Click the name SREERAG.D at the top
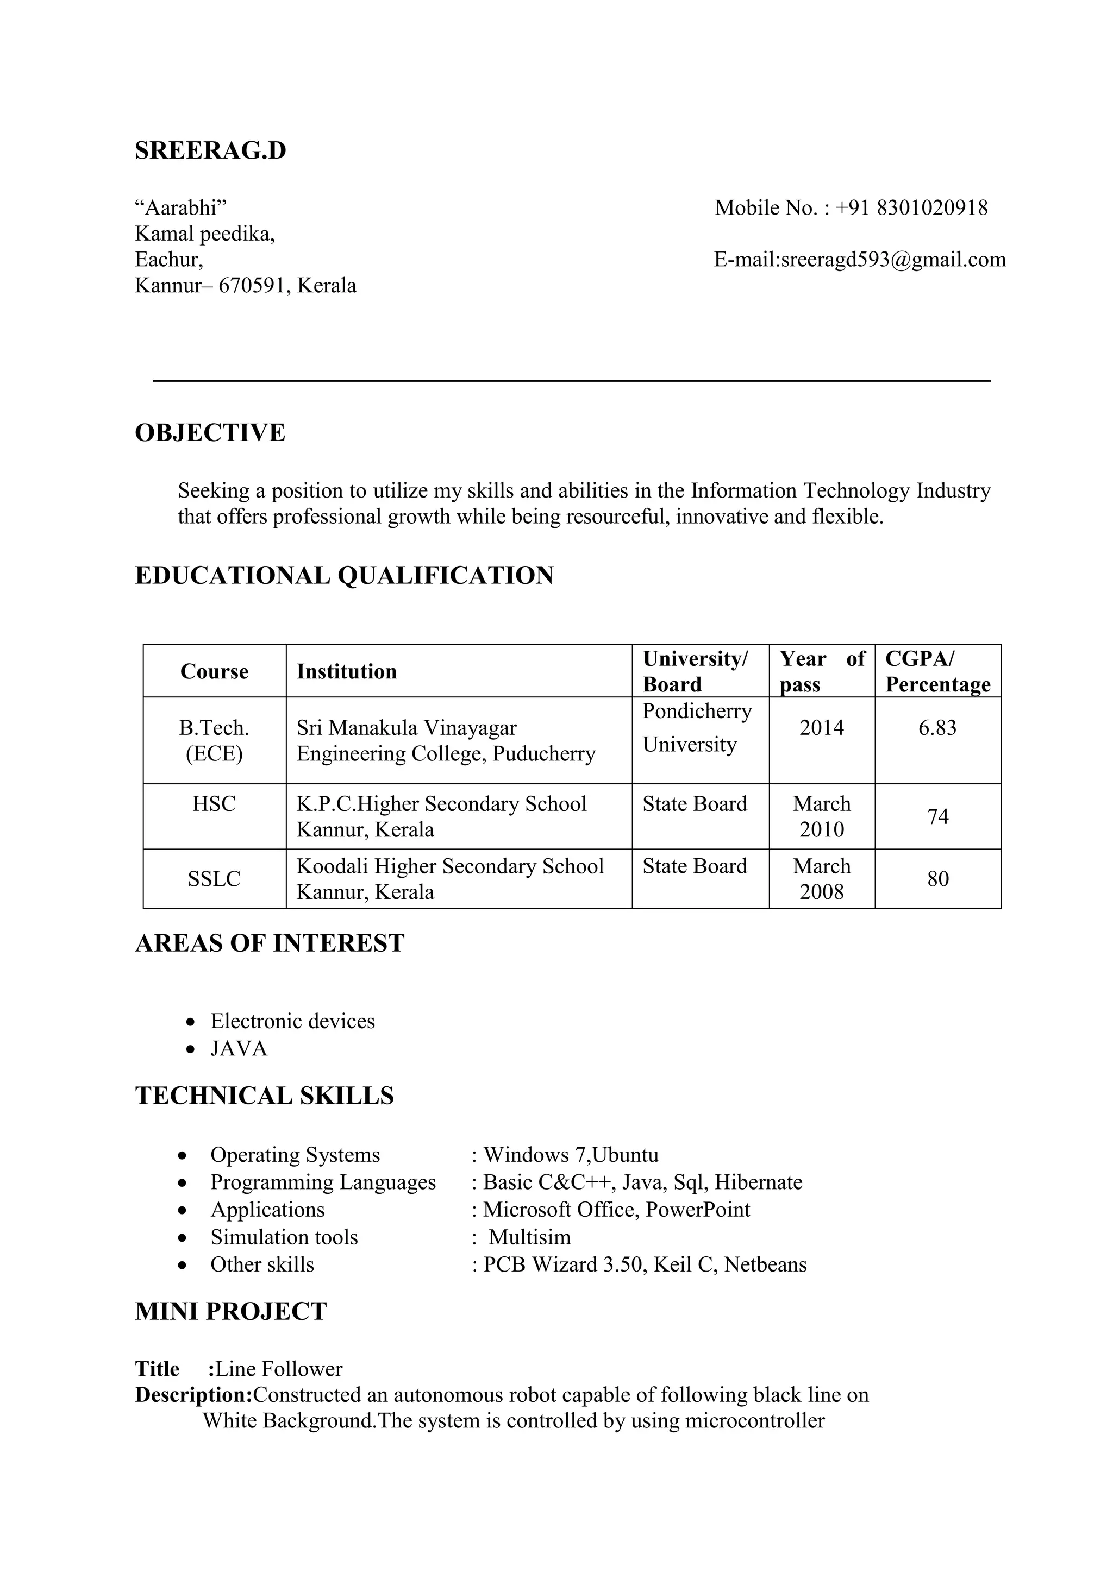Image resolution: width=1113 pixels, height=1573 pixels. point(210,150)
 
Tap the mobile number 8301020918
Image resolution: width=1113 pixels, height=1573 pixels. point(931,207)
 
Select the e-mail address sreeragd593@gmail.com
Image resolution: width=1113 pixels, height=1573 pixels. point(893,260)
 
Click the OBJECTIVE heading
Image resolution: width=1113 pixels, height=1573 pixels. point(210,433)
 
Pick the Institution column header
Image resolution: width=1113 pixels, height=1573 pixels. point(346,671)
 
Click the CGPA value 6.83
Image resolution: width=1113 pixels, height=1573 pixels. point(937,728)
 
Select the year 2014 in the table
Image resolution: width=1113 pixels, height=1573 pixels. point(821,728)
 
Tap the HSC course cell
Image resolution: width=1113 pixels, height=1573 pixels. point(214,804)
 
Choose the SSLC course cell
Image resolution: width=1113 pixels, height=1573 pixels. point(214,879)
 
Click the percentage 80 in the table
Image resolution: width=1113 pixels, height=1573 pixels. point(937,879)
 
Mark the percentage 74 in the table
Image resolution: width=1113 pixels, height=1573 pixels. point(937,816)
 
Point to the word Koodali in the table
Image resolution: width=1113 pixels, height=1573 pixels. point(333,866)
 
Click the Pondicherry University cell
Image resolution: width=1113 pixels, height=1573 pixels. point(696,728)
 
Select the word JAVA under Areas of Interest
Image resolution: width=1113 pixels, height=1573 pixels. point(239,1049)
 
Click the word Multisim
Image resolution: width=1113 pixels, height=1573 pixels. point(530,1237)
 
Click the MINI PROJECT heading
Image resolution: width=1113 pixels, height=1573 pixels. point(230,1311)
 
